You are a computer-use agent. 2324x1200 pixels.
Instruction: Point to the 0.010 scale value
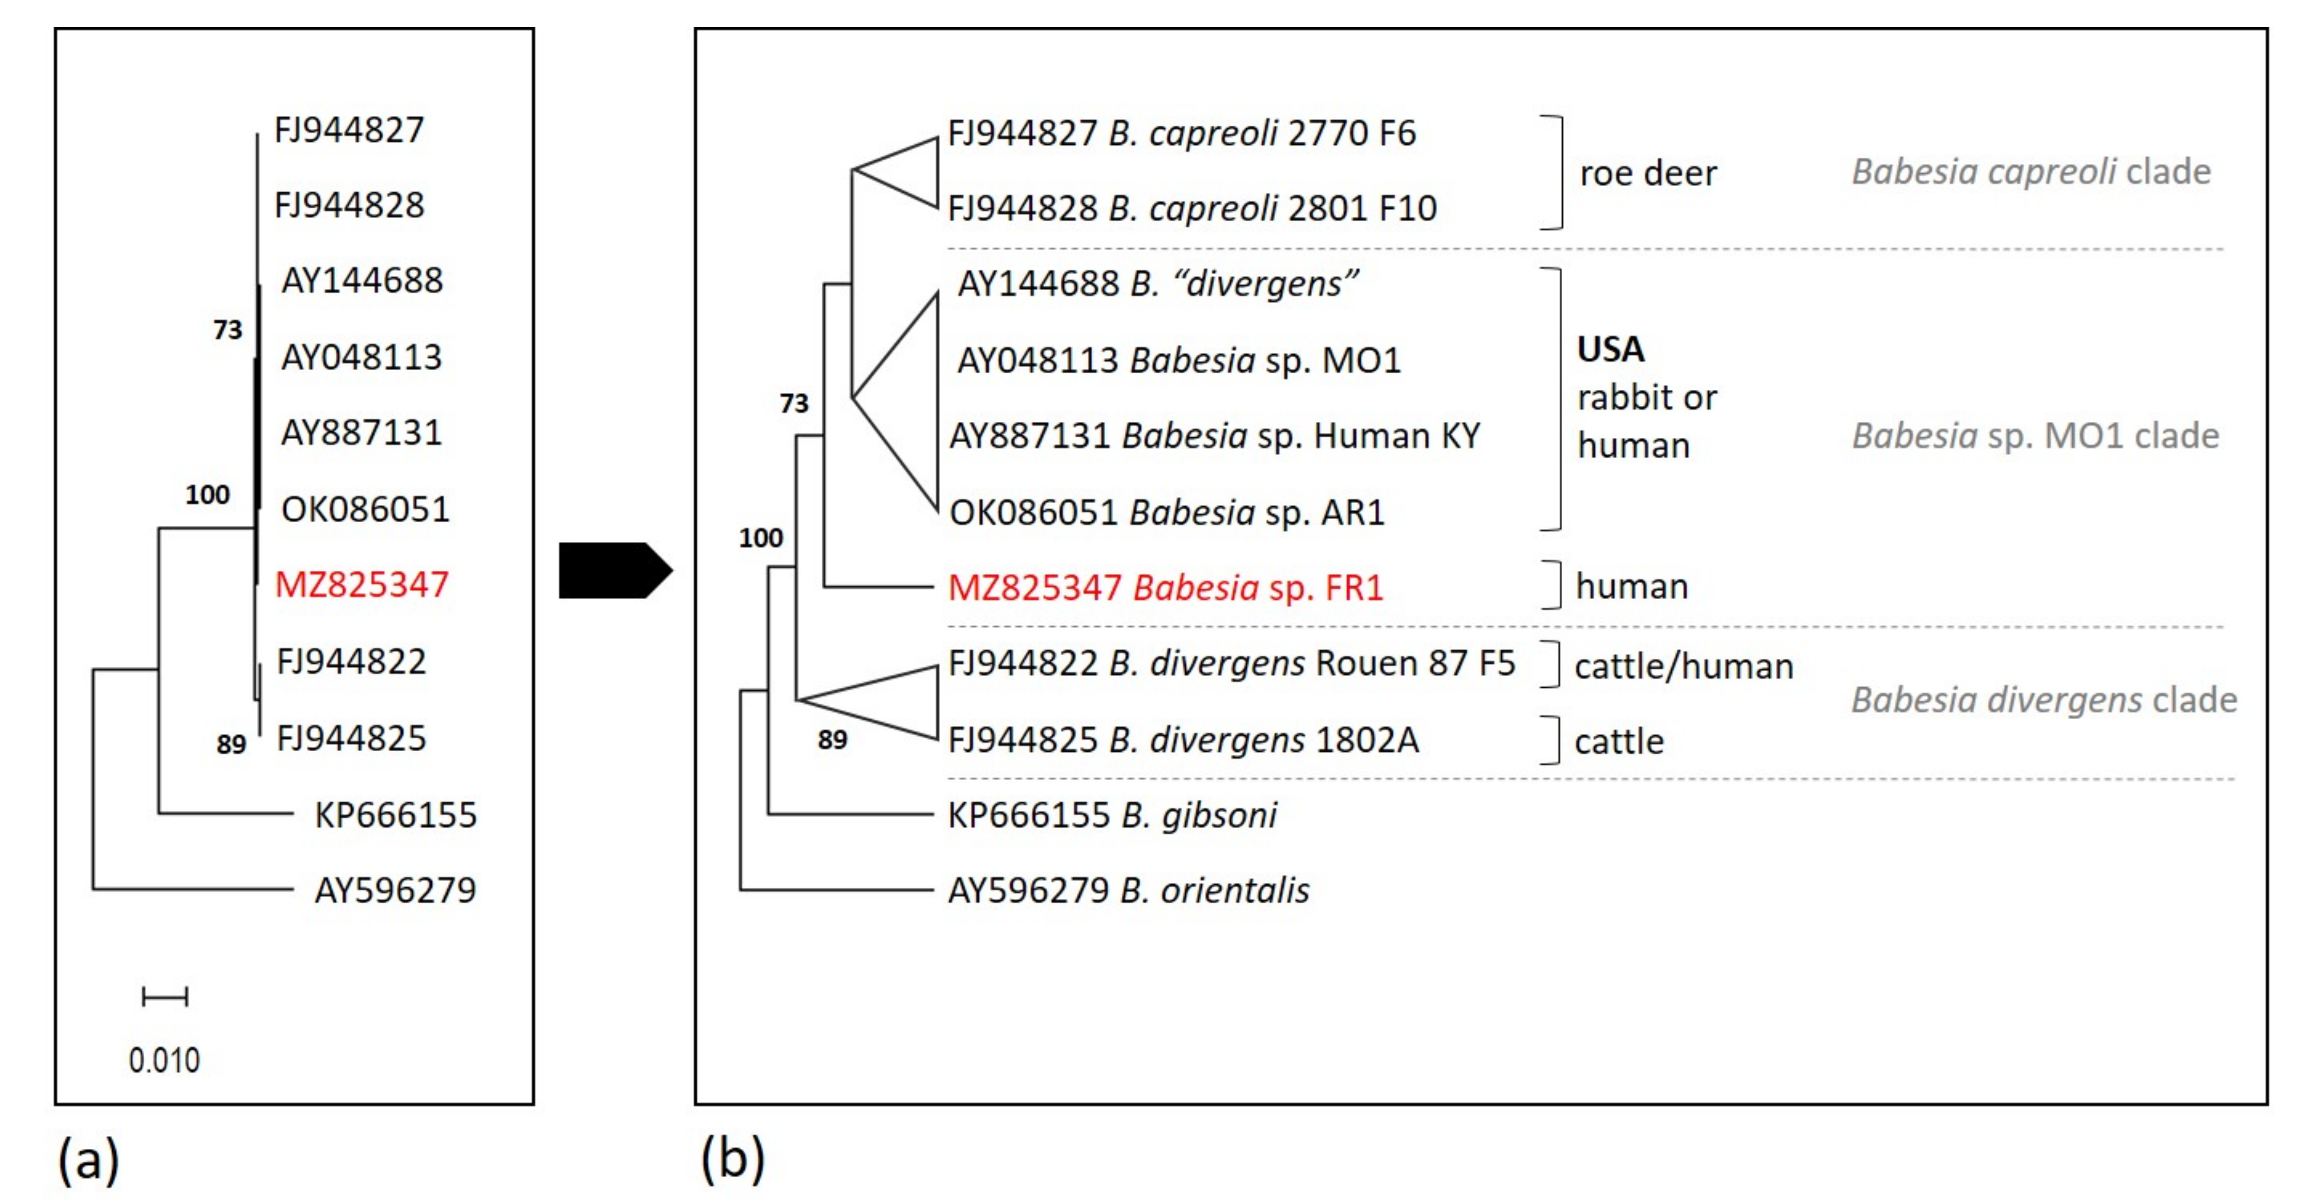164,1060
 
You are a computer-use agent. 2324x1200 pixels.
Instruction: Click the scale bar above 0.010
165,997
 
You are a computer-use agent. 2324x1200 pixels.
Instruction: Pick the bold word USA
1610,349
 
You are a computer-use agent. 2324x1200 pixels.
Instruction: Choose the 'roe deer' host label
1648,173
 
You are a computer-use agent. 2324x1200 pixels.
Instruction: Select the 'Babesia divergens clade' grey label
2043,700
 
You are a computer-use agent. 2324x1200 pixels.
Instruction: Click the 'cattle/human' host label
1683,667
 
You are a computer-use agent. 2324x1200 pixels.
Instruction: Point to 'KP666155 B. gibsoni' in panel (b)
1111,815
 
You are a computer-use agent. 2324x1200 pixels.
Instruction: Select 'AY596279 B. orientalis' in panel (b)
1128,890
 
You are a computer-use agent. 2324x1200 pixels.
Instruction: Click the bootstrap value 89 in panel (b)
832,740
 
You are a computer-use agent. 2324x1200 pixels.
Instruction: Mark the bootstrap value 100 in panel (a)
207,494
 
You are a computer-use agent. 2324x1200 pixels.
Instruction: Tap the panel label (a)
88,1159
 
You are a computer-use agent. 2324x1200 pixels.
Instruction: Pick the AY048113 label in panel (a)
361,357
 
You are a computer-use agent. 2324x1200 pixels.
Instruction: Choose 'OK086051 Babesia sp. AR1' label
1167,512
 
